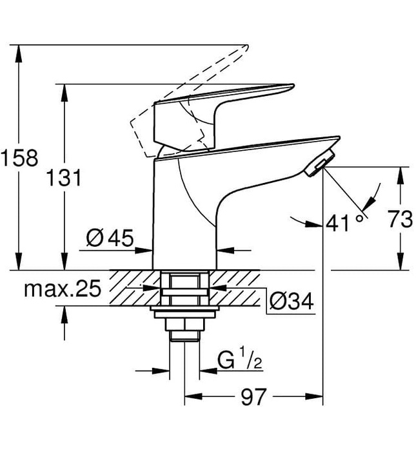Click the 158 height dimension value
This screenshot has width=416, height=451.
19,157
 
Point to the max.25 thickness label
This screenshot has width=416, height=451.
63,289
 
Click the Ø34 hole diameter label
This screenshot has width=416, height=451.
291,300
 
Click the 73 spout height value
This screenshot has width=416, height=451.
401,220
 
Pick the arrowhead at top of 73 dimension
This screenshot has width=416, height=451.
401,173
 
